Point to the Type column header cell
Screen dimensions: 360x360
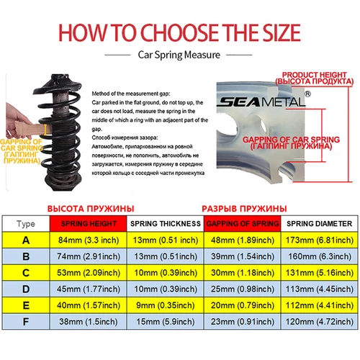(25, 223)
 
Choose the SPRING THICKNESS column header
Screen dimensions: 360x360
(166, 223)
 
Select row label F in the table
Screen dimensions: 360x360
(25, 343)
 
